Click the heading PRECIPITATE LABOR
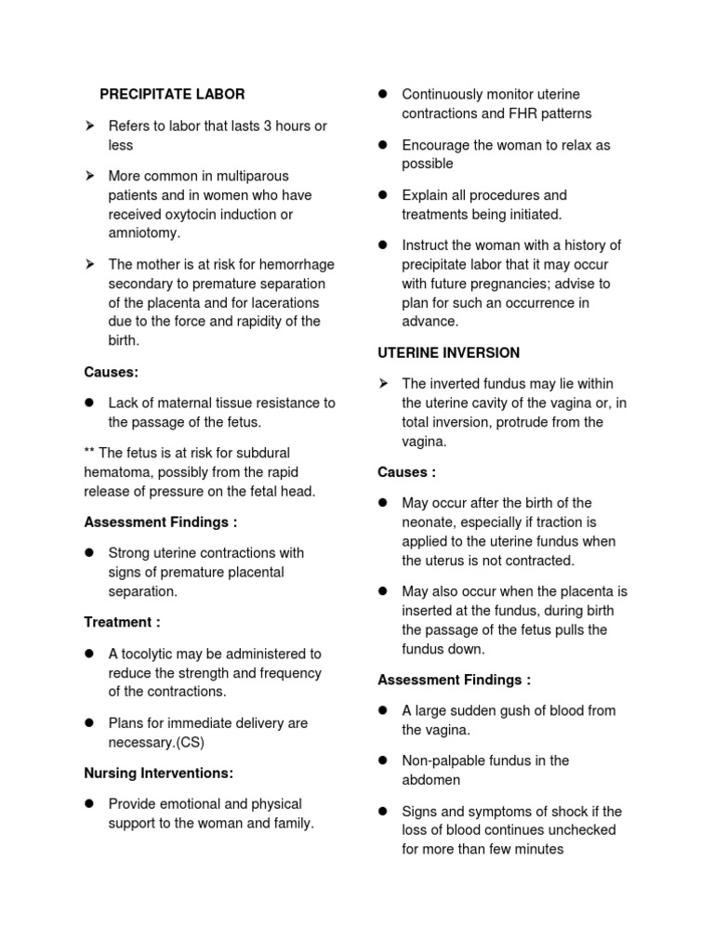point(172,94)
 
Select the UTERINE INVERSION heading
point(448,352)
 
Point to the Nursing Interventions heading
point(158,773)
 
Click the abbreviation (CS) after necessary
point(187,742)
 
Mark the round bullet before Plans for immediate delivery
point(90,722)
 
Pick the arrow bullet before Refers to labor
point(90,126)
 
